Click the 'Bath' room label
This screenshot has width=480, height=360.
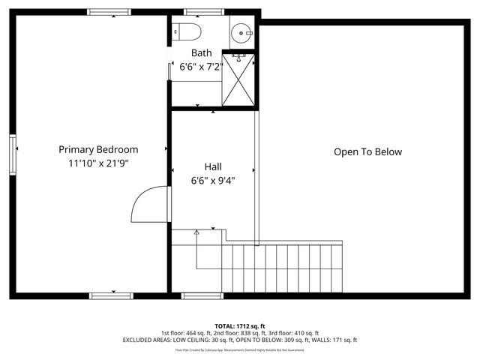[202, 53]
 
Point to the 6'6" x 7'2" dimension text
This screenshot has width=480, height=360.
[202, 67]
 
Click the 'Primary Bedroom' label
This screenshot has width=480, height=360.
[98, 149]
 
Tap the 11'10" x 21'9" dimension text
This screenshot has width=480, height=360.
[98, 163]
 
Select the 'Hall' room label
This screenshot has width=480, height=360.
[214, 166]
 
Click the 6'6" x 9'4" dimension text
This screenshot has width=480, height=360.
[214, 179]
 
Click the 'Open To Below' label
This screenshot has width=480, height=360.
[367, 152]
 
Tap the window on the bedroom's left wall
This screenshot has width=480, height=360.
[13, 153]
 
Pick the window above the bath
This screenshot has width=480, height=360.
[198, 12]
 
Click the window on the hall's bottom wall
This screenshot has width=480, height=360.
[202, 295]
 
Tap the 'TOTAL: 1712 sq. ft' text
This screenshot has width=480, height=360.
[240, 325]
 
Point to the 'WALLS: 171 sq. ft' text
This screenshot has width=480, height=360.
[335, 340]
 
